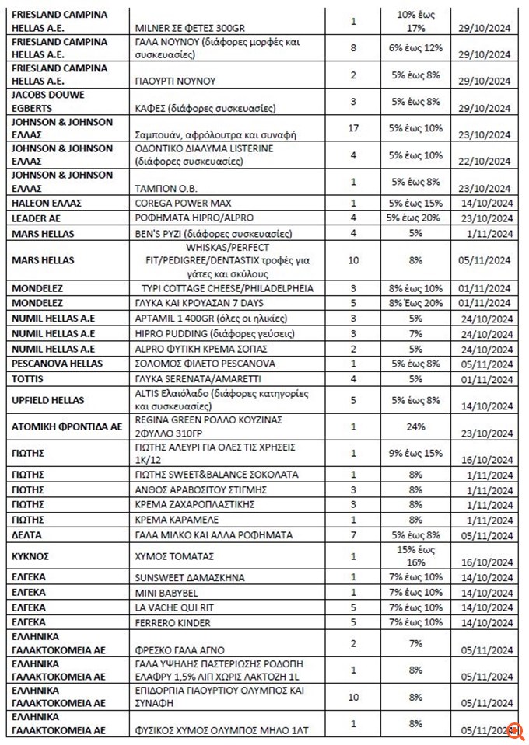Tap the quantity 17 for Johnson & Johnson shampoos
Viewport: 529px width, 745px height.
coord(352,128)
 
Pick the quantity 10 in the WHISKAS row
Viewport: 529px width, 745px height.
coord(352,260)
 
